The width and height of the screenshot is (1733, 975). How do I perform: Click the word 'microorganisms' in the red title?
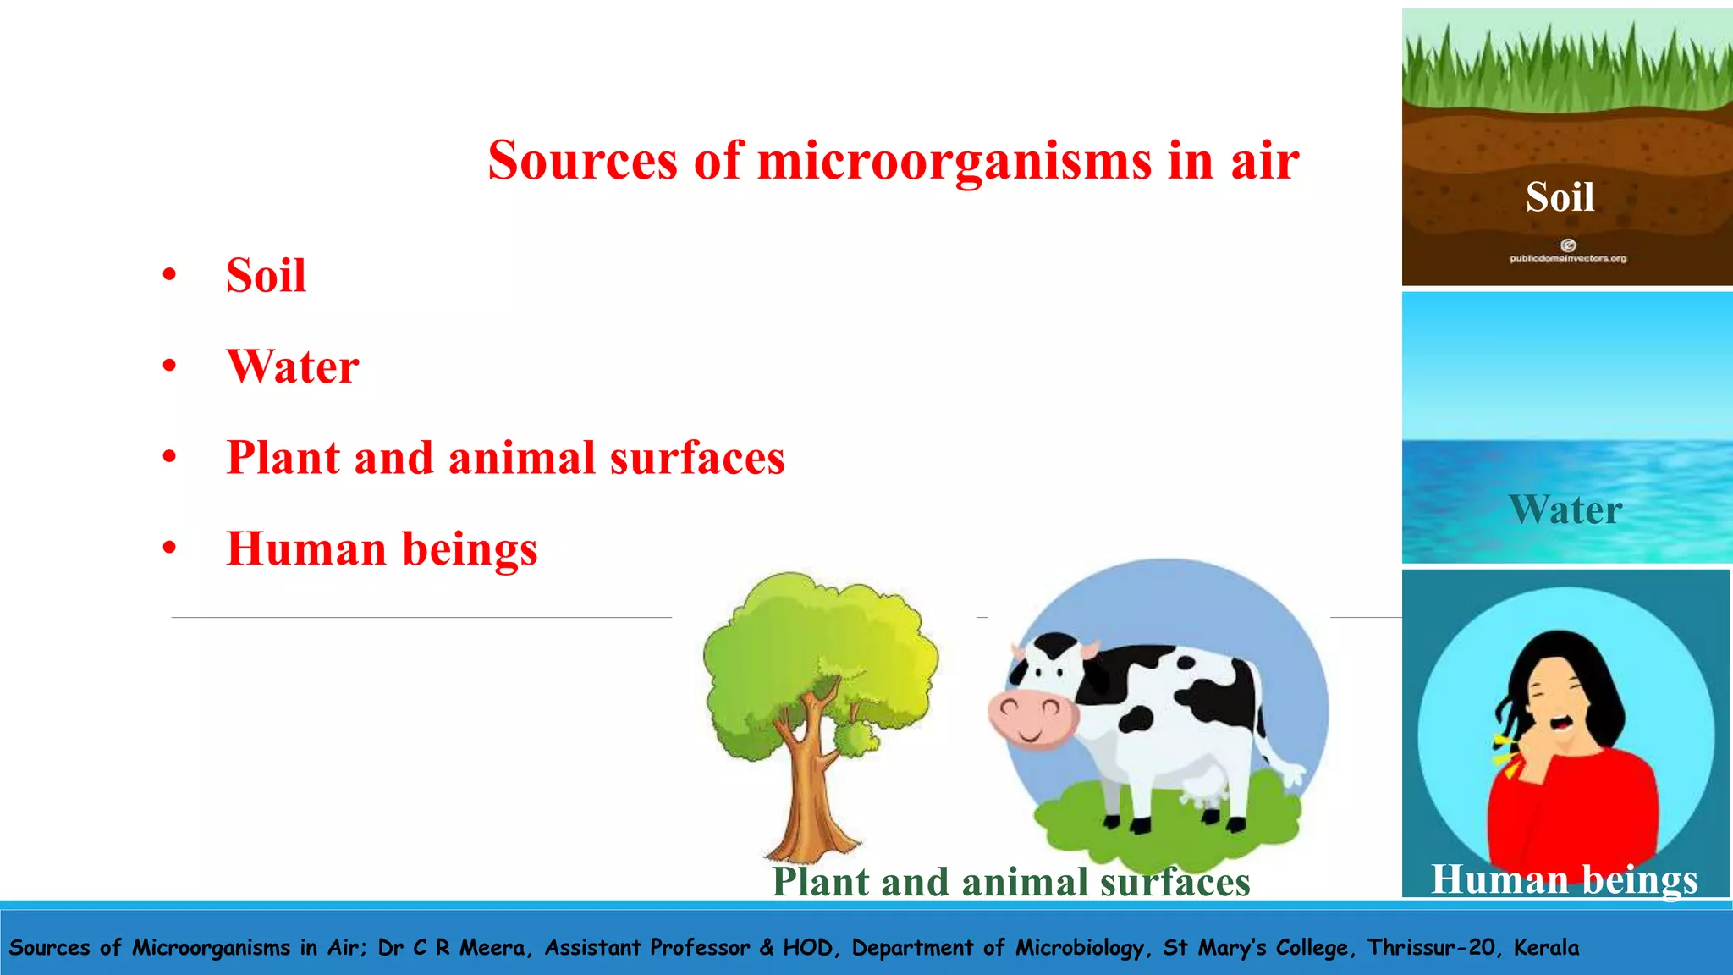pos(954,161)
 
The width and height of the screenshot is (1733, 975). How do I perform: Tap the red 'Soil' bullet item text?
pos(266,276)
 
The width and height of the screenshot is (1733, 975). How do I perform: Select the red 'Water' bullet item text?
pos(293,367)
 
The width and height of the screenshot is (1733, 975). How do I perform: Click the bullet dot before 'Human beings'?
pos(170,548)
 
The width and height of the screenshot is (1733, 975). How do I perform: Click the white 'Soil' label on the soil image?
pos(1560,197)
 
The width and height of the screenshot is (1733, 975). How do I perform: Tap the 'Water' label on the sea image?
pos(1565,510)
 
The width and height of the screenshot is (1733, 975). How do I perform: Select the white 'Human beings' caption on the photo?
pos(1564,879)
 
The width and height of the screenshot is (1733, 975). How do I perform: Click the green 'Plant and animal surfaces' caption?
pos(1010,882)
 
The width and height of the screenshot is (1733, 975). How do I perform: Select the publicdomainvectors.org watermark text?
pos(1567,258)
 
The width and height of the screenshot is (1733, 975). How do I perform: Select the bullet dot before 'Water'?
pos(170,366)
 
